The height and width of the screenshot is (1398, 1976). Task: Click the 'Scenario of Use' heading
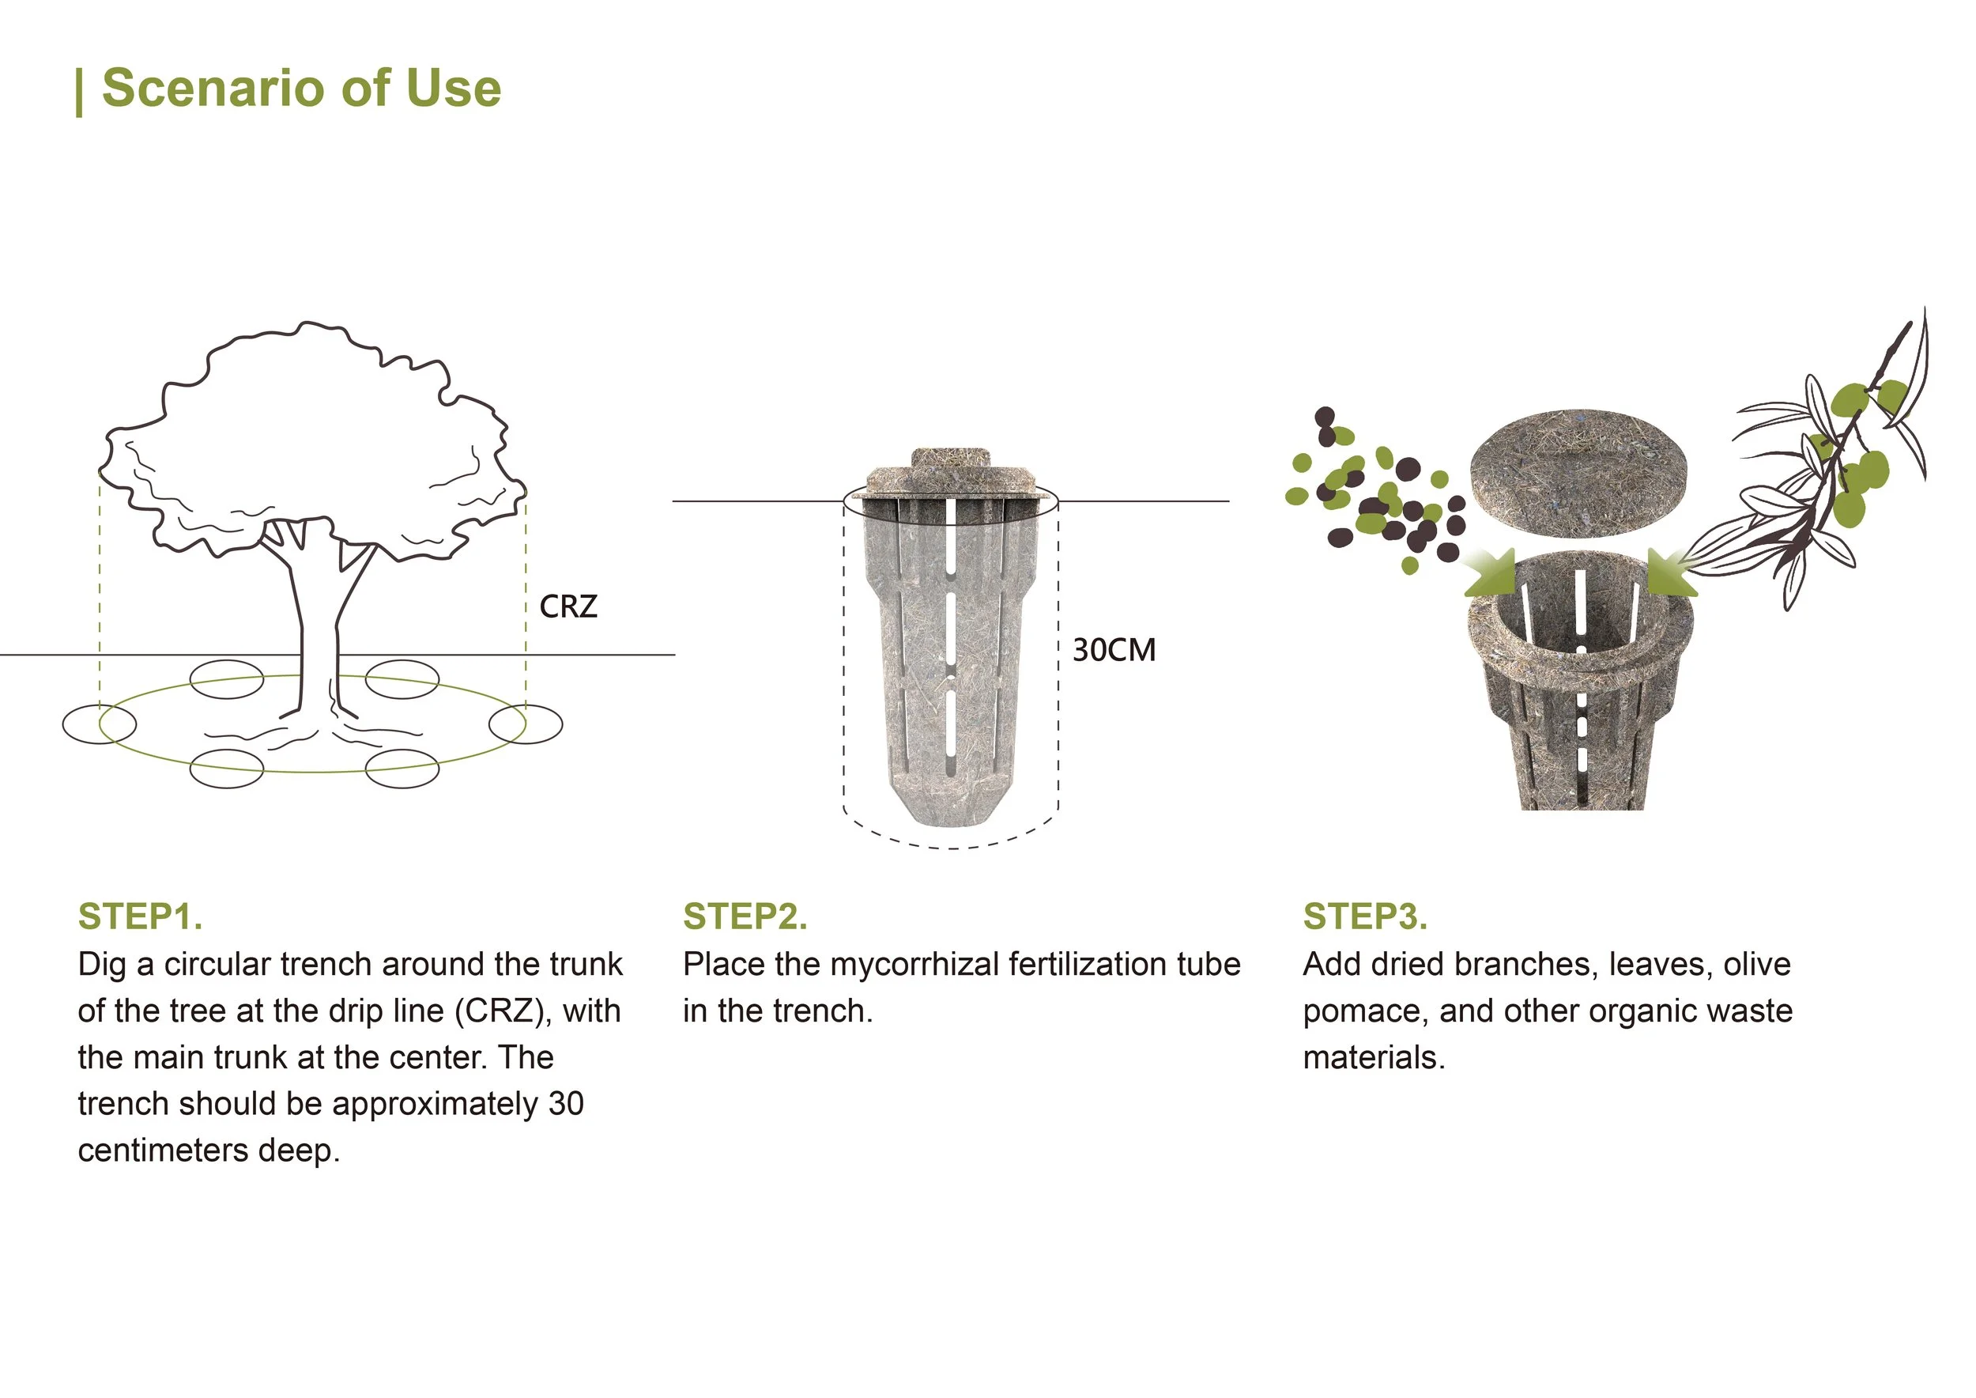(x=300, y=88)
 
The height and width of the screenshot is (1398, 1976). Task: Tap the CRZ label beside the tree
(x=568, y=607)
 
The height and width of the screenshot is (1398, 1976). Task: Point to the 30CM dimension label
(x=1114, y=650)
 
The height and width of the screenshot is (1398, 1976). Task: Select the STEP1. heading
(x=140, y=916)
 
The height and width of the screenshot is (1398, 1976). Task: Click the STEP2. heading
(x=745, y=916)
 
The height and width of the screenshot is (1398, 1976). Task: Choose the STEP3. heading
(x=1365, y=916)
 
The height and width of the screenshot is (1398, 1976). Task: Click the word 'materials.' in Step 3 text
(x=1374, y=1058)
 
